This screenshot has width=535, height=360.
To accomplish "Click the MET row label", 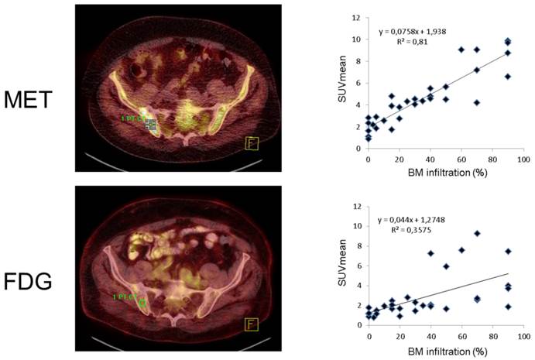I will (x=28, y=101).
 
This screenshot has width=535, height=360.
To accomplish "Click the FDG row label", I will (x=28, y=281).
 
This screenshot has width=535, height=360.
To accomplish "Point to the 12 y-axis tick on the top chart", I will (x=355, y=18).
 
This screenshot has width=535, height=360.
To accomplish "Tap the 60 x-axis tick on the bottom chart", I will (x=461, y=335).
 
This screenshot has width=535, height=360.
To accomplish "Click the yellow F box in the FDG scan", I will (x=251, y=324).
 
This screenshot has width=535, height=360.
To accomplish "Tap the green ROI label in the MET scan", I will (x=132, y=118).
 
